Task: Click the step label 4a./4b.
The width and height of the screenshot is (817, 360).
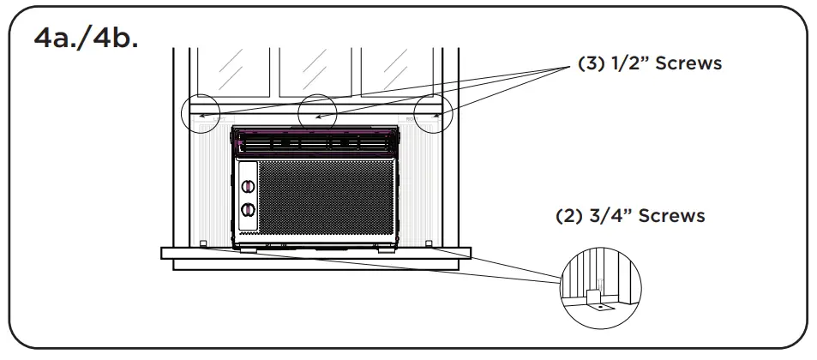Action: (84, 40)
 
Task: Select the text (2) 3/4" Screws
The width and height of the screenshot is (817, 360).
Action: (630, 216)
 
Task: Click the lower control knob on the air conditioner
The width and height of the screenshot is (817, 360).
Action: (248, 210)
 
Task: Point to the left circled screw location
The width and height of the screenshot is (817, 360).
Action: (201, 111)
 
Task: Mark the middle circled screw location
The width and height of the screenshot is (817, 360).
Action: (318, 112)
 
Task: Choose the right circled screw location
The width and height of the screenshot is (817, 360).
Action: (433, 111)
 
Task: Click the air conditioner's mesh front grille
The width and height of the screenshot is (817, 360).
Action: (326, 197)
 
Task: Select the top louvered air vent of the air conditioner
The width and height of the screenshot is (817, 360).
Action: (315, 142)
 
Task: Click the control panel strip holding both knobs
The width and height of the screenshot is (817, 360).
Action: (248, 197)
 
